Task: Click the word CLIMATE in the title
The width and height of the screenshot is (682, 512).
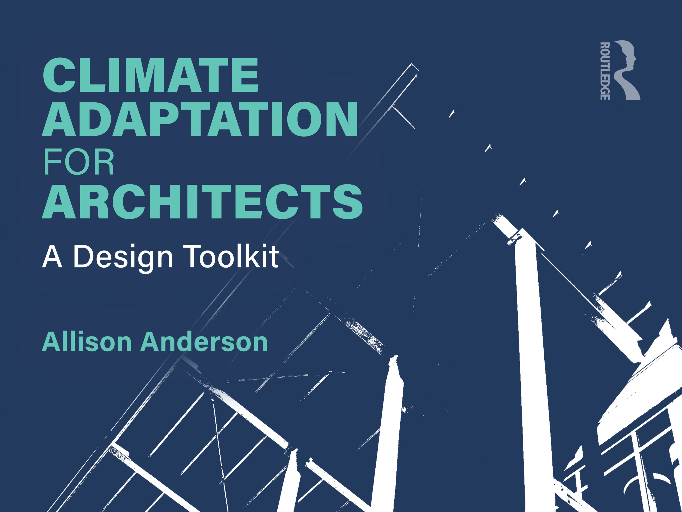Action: point(151,75)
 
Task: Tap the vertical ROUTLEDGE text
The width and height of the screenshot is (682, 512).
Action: point(605,71)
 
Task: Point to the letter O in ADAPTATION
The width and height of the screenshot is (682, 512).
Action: point(304,119)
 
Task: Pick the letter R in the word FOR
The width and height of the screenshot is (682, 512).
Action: point(103,162)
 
